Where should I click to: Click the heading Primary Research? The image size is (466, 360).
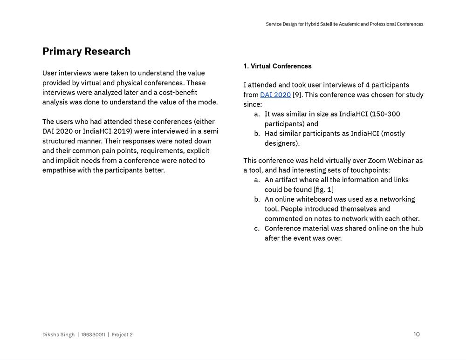pyautogui.click(x=86, y=51)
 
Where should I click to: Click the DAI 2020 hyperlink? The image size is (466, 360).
pyautogui.click(x=275, y=95)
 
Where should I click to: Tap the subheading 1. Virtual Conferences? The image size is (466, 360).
pyautogui.click(x=277, y=66)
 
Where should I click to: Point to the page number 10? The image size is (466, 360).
pyautogui.click(x=417, y=334)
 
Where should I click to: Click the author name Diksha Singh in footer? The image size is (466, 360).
pyautogui.click(x=58, y=334)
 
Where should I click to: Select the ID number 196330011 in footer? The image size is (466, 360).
pyautogui.click(x=93, y=334)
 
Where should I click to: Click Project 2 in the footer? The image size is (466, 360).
pyautogui.click(x=122, y=334)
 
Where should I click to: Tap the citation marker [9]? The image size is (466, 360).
pyautogui.click(x=297, y=95)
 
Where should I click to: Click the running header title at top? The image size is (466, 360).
pyautogui.click(x=344, y=24)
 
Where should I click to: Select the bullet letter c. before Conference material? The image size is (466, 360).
pyautogui.click(x=257, y=228)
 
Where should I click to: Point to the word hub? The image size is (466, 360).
pyautogui.click(x=417, y=228)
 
